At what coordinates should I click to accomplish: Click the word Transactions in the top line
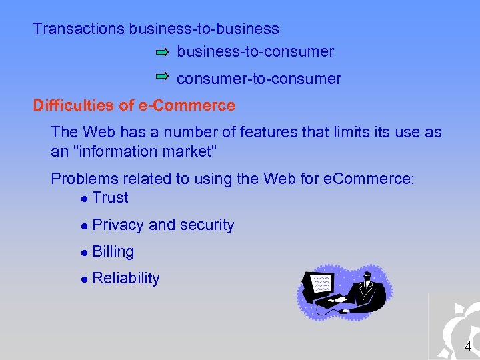pyautogui.click(x=79, y=29)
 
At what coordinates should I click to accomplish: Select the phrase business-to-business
pyautogui.click(x=204, y=29)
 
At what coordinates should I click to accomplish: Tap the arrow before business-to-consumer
pyautogui.click(x=163, y=51)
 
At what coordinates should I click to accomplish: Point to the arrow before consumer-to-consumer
pyautogui.click(x=163, y=77)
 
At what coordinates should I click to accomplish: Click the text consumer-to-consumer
pyautogui.click(x=259, y=79)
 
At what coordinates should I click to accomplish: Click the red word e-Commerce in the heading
pyautogui.click(x=197, y=105)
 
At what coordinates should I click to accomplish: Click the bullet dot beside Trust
pyautogui.click(x=83, y=199)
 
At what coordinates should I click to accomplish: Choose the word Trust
pyautogui.click(x=111, y=198)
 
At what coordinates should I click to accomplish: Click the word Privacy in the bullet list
pyautogui.click(x=119, y=225)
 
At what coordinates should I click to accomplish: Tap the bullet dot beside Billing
pyautogui.click(x=83, y=253)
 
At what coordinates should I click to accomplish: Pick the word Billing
pyautogui.click(x=113, y=252)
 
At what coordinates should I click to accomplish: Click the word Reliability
pyautogui.click(x=126, y=279)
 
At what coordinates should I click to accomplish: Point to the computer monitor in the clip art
pyautogui.click(x=319, y=285)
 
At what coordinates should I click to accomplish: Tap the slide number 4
pyautogui.click(x=467, y=347)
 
